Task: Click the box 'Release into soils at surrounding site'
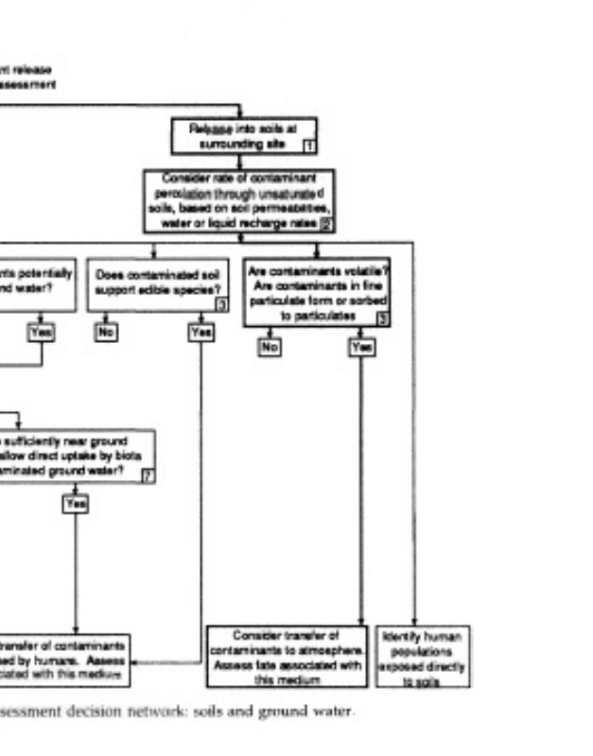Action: (243, 135)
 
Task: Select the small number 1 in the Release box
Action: (308, 146)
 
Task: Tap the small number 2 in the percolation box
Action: (325, 224)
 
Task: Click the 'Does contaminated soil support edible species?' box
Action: (158, 285)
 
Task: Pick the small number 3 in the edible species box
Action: (220, 303)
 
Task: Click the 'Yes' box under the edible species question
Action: (201, 332)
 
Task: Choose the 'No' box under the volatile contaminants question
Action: (270, 348)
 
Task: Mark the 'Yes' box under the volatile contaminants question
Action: (361, 348)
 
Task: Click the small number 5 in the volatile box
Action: (382, 318)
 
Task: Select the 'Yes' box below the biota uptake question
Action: (75, 504)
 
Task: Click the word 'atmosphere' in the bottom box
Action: (329, 650)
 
